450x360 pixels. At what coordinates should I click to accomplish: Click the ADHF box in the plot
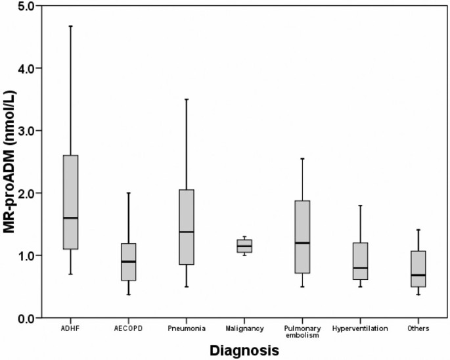tap(70, 202)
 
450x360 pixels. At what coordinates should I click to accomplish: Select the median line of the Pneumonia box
tap(186, 232)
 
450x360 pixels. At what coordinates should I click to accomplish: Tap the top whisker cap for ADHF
tap(70, 26)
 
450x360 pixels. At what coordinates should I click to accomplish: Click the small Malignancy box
tap(244, 246)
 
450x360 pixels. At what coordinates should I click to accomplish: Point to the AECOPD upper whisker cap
tap(128, 193)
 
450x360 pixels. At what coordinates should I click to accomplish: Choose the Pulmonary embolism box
tap(302, 236)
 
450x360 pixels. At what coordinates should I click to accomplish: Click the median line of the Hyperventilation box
tap(360, 268)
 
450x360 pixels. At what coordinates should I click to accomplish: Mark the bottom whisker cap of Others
tap(418, 294)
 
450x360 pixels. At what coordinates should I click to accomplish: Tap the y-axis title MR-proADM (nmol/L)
tap(11, 161)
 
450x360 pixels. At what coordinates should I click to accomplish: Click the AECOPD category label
tap(128, 328)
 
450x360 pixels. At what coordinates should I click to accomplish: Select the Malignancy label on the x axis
tap(244, 328)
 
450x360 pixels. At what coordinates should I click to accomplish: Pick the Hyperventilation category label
tap(360, 328)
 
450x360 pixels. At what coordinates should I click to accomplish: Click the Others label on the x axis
tap(418, 328)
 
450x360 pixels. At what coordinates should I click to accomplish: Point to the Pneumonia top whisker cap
tap(186, 99)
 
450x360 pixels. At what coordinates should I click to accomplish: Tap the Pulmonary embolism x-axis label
tap(302, 330)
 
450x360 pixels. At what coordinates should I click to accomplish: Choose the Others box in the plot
tap(418, 269)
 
